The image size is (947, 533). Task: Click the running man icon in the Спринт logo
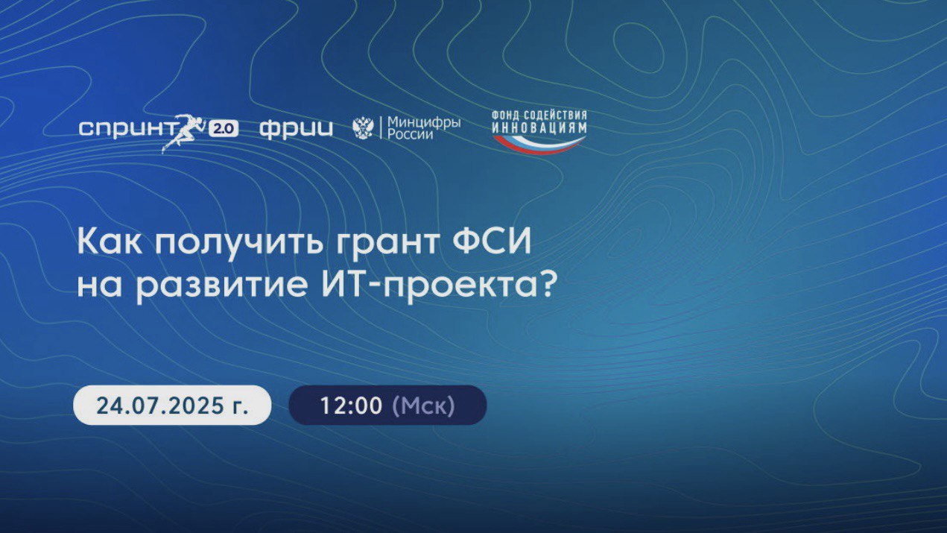click(x=183, y=133)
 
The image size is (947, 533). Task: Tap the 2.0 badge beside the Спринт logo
click(x=224, y=129)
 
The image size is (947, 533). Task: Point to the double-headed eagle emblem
click(x=363, y=128)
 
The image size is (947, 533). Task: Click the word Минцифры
click(x=424, y=123)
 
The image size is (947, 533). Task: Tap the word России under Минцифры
click(x=410, y=135)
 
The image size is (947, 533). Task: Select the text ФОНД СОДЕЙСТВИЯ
click(x=539, y=116)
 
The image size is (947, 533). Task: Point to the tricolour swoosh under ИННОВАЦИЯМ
click(x=539, y=145)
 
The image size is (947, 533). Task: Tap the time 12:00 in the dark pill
click(x=352, y=406)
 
